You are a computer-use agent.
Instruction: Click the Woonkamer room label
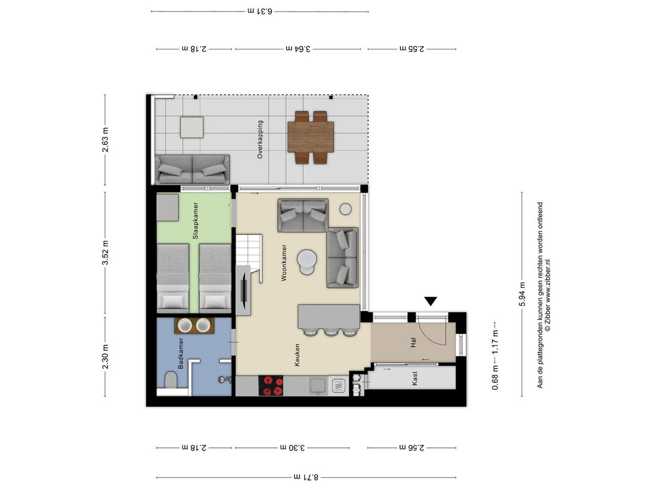click(x=284, y=263)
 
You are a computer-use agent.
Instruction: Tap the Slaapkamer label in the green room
click(x=196, y=221)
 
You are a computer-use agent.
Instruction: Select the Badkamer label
click(x=180, y=353)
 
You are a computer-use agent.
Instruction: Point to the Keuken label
click(x=297, y=355)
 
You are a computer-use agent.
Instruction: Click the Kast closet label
click(x=414, y=378)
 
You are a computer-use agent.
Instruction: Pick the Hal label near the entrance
click(x=413, y=343)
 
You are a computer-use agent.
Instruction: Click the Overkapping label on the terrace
click(x=260, y=140)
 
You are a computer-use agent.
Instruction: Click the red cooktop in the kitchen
click(x=271, y=386)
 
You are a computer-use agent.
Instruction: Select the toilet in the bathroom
click(x=170, y=380)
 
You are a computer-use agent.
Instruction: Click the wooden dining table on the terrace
click(x=310, y=137)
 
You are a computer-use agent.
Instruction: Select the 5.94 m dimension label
click(x=522, y=295)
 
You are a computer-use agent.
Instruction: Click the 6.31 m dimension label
click(x=260, y=11)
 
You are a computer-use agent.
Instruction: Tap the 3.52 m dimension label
click(x=105, y=252)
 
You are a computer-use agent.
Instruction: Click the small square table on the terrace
click(x=192, y=127)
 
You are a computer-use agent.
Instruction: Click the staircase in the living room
click(x=249, y=258)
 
